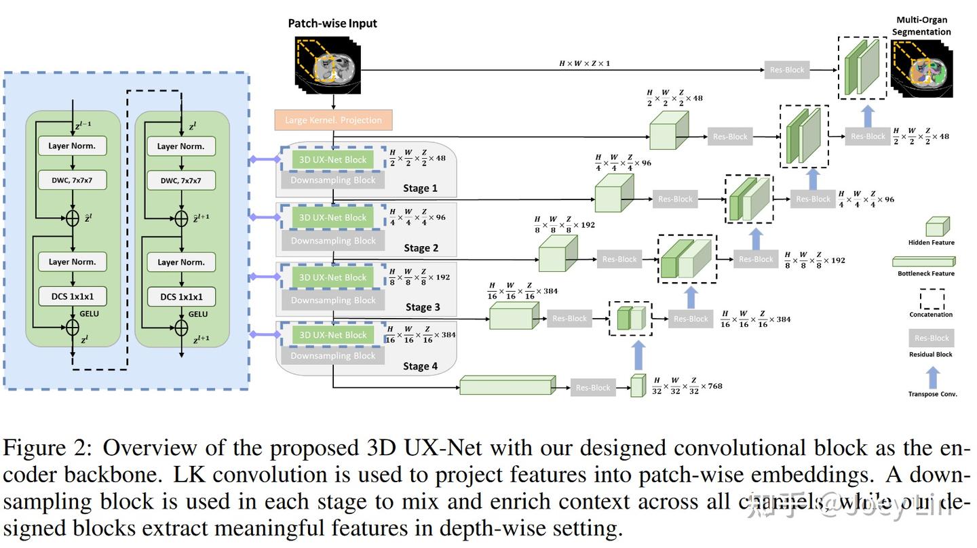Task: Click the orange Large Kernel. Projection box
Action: point(333,120)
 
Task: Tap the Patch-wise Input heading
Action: point(332,23)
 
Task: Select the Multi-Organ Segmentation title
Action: point(921,26)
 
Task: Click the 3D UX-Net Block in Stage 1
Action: point(332,159)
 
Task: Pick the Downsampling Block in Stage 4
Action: point(332,355)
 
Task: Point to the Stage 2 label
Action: point(421,248)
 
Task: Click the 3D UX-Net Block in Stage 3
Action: point(332,277)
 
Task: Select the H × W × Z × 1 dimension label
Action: point(584,63)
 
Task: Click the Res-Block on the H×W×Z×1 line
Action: point(786,70)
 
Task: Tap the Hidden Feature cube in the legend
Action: point(937,227)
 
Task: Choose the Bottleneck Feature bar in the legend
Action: point(923,262)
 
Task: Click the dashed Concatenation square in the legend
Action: point(932,299)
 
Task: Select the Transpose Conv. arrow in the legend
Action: point(933,377)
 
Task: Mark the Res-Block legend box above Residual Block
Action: point(931,338)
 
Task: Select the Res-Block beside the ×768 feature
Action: point(592,388)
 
